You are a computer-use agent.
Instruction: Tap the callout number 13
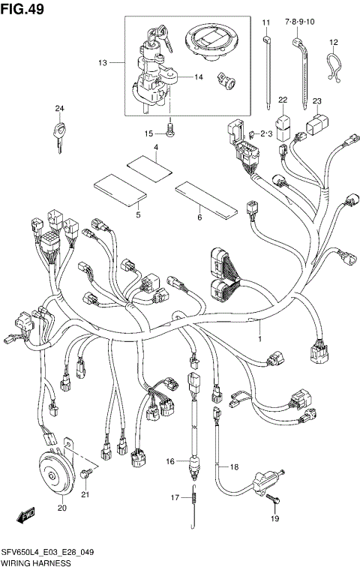coord(103,64)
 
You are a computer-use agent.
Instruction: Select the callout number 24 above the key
coord(59,109)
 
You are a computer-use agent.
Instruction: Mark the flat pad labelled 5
coord(118,190)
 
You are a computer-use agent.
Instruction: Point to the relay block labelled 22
coord(283,126)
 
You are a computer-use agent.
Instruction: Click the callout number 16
coord(170,461)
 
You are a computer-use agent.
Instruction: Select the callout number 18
coord(234,466)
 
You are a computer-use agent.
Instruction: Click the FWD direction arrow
coord(27,517)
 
